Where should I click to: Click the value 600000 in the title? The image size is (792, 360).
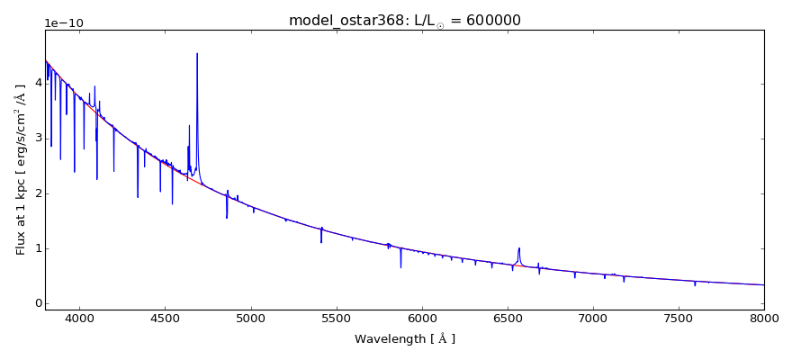(x=491, y=21)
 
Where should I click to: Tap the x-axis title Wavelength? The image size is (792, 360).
(x=404, y=339)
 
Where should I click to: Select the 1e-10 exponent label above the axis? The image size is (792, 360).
(x=63, y=22)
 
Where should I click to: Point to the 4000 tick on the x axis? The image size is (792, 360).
(x=79, y=318)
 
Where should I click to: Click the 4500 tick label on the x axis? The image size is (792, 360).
(x=165, y=318)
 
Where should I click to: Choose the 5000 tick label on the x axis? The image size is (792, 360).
(x=250, y=318)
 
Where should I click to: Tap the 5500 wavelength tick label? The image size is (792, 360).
(x=336, y=318)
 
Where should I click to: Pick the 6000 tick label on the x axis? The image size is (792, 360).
(x=421, y=318)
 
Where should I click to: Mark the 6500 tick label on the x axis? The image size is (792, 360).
(x=508, y=318)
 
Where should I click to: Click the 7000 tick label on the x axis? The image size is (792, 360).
(x=593, y=318)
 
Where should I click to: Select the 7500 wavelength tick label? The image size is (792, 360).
(x=679, y=318)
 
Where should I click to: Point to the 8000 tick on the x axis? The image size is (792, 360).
(x=763, y=318)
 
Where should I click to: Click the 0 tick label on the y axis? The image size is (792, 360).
(x=35, y=304)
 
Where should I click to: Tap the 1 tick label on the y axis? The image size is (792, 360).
(x=35, y=248)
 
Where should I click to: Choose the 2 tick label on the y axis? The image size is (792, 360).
(x=35, y=193)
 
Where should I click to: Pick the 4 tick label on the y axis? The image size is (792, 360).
(x=35, y=83)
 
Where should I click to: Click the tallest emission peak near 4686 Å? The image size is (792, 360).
(x=197, y=54)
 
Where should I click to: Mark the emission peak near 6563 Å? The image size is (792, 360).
(x=519, y=248)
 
